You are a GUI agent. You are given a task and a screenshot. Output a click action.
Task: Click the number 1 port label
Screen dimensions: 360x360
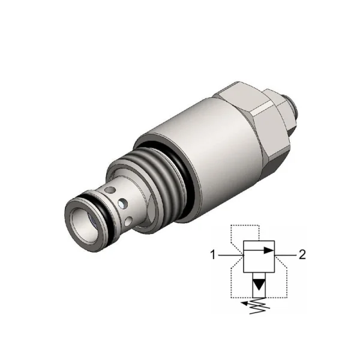pyautogui.click(x=213, y=255)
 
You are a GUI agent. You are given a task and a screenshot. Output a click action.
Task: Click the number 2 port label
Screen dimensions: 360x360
pyautogui.click(x=302, y=255)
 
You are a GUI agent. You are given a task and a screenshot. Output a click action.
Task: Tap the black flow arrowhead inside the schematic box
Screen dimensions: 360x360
pyautogui.click(x=269, y=250)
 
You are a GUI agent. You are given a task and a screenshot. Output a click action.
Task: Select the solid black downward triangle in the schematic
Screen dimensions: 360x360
pyautogui.click(x=259, y=284)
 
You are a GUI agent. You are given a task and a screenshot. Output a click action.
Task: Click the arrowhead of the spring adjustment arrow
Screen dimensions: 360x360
pyautogui.click(x=245, y=304)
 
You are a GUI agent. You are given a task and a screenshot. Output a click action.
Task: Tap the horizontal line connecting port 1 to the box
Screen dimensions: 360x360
pyautogui.click(x=230, y=255)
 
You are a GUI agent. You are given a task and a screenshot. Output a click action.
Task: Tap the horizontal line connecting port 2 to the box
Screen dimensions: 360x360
pyautogui.click(x=286, y=255)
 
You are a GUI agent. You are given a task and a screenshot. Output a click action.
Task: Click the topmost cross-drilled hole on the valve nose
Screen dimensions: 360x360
pyautogui.click(x=109, y=190)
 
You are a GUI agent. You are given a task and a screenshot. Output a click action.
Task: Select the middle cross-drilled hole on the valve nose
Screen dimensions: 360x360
pyautogui.click(x=122, y=203)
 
